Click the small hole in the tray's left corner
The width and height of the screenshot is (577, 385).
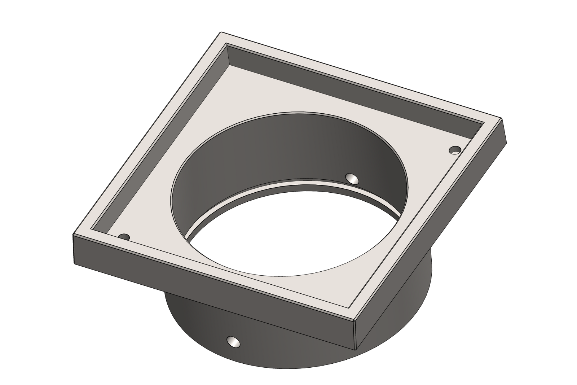[124, 237]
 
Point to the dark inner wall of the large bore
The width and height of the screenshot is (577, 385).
[288, 152]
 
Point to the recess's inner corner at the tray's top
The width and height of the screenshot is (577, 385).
[228, 45]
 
